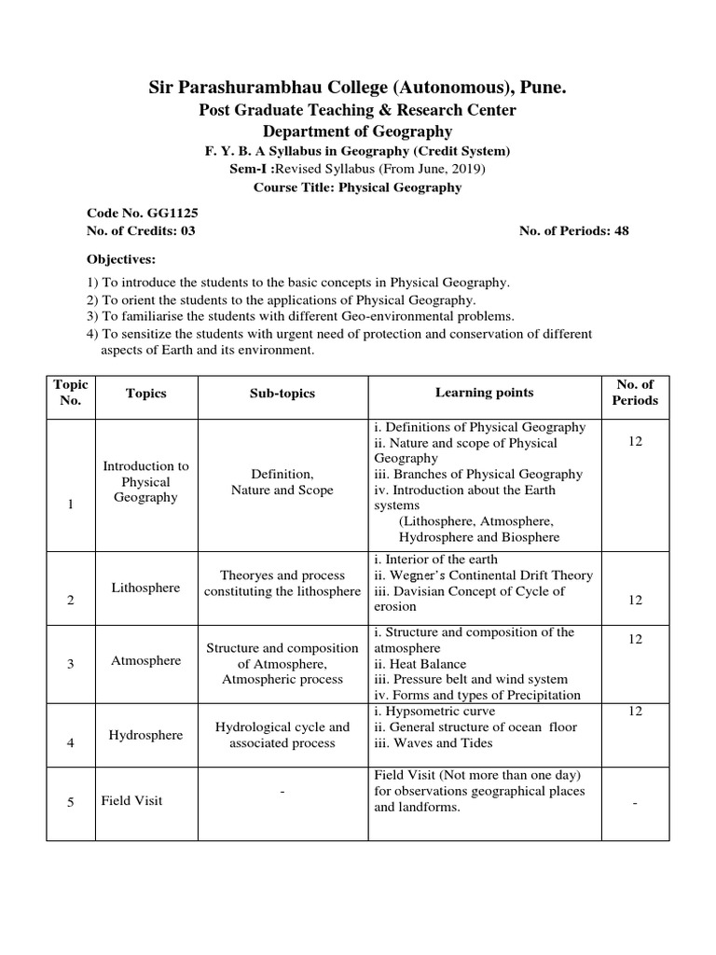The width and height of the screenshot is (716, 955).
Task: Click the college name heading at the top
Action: point(357,89)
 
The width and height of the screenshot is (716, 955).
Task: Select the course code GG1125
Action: point(168,213)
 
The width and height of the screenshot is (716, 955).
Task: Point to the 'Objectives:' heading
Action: point(121,258)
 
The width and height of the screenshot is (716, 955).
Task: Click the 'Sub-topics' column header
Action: point(282,393)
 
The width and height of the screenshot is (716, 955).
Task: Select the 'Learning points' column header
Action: point(484,393)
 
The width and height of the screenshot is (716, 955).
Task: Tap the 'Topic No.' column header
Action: point(71,393)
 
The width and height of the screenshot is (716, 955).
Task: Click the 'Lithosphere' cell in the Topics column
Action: point(145,588)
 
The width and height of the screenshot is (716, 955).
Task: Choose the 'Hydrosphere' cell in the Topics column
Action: point(145,735)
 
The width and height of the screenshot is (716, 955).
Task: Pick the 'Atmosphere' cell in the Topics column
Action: point(145,660)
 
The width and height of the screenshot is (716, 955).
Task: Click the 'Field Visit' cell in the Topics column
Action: point(132,801)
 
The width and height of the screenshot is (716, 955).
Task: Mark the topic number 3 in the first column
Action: point(71,663)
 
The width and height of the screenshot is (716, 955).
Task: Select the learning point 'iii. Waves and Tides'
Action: point(433,742)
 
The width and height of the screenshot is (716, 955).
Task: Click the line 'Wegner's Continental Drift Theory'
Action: point(489,575)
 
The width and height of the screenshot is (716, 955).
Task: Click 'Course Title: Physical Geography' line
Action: point(357,187)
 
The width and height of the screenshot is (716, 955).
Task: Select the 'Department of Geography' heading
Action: point(357,131)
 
